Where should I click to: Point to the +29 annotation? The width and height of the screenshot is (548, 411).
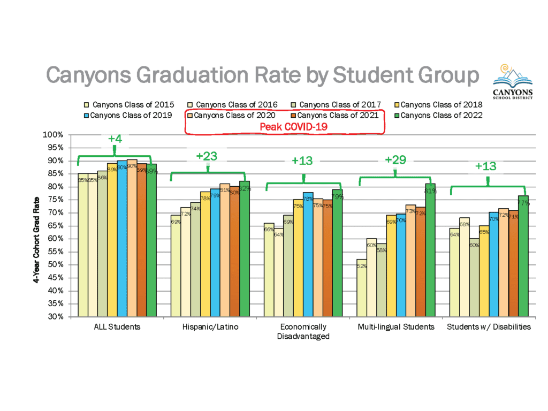[395, 159]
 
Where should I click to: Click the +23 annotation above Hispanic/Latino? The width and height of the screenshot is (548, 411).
[207, 156]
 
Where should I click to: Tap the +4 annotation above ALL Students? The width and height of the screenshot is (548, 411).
[115, 139]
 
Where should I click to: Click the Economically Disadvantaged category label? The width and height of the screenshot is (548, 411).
[303, 331]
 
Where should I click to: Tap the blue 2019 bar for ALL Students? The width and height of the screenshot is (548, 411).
[122, 238]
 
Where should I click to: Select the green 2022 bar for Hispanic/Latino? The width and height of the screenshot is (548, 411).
[245, 249]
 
